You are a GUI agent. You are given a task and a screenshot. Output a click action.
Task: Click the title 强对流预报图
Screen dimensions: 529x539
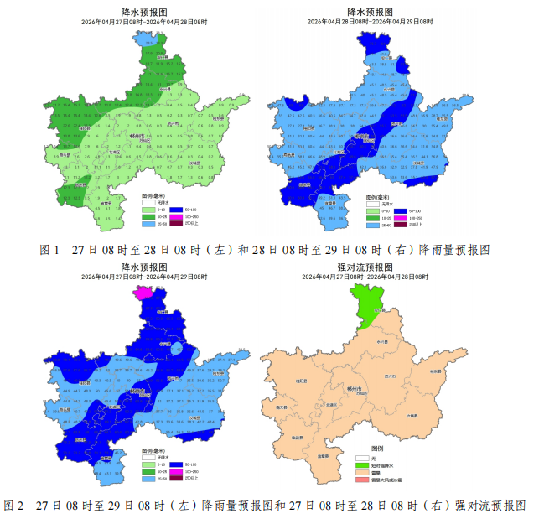pyautogui.click(x=364, y=266)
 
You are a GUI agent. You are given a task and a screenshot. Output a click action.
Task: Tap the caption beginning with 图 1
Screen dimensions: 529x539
pyautogui.click(x=264, y=250)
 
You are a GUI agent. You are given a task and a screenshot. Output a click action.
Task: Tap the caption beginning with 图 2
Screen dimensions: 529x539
pyautogui.click(x=266, y=506)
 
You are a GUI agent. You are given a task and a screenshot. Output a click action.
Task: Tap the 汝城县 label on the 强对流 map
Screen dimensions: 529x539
pyautogui.click(x=412, y=415)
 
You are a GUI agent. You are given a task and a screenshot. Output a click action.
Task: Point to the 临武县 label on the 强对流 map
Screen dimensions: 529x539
pyautogui.click(x=296, y=437)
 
